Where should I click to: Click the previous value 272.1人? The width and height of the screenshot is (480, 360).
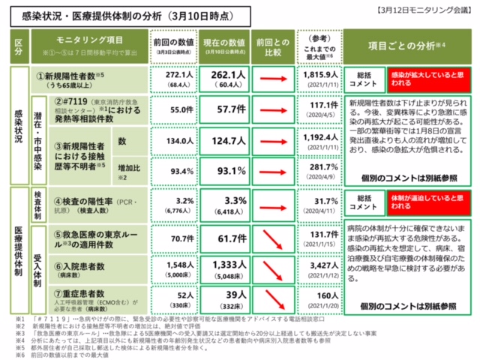[x=169, y=76]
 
